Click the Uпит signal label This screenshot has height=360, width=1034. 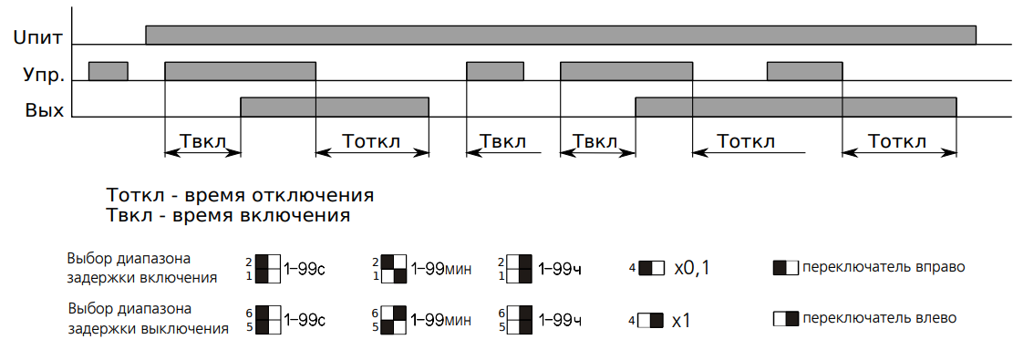tap(37, 38)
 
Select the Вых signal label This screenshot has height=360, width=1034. tap(45, 109)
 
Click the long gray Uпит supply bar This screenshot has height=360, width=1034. tap(561, 35)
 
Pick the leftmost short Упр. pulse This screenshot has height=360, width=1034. tap(109, 70)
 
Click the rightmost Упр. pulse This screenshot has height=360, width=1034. tap(804, 70)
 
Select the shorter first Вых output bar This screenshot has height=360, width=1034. tap(335, 107)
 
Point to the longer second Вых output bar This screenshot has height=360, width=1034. tap(795, 107)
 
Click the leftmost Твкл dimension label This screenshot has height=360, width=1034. tap(202, 141)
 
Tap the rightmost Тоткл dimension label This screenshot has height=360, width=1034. tap(897, 141)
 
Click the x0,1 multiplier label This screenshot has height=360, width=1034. tap(691, 268)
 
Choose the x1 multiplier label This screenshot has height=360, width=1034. tap(681, 321)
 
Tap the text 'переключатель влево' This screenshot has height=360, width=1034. tap(879, 318)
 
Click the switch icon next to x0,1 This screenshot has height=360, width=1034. tap(651, 268)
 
